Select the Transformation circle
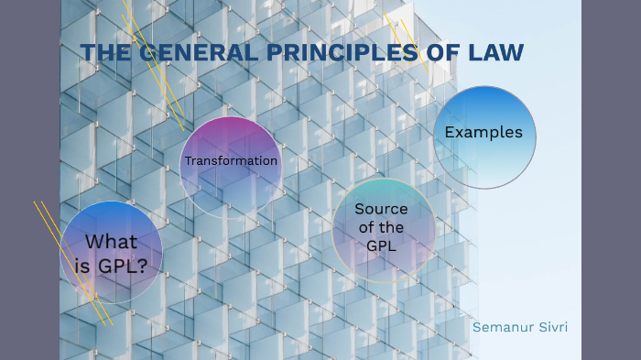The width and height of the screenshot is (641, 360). point(230,165)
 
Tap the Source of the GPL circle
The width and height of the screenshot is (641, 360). point(382,228)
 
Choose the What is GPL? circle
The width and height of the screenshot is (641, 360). point(111,252)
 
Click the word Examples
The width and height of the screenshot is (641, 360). point(483,133)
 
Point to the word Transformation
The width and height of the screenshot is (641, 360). point(231,161)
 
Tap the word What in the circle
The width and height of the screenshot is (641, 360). point(111,242)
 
